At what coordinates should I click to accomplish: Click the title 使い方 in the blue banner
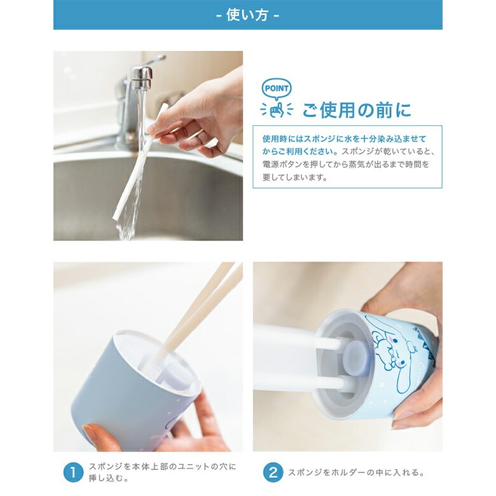coord(247,15)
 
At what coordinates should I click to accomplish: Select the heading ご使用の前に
coord(357,111)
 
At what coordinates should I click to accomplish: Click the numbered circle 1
coord(73,472)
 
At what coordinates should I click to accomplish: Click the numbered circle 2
coord(273,472)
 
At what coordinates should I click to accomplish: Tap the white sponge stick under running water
coord(140,162)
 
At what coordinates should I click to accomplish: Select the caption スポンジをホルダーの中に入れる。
coord(357,472)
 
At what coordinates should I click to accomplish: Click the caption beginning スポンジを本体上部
coord(162,472)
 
